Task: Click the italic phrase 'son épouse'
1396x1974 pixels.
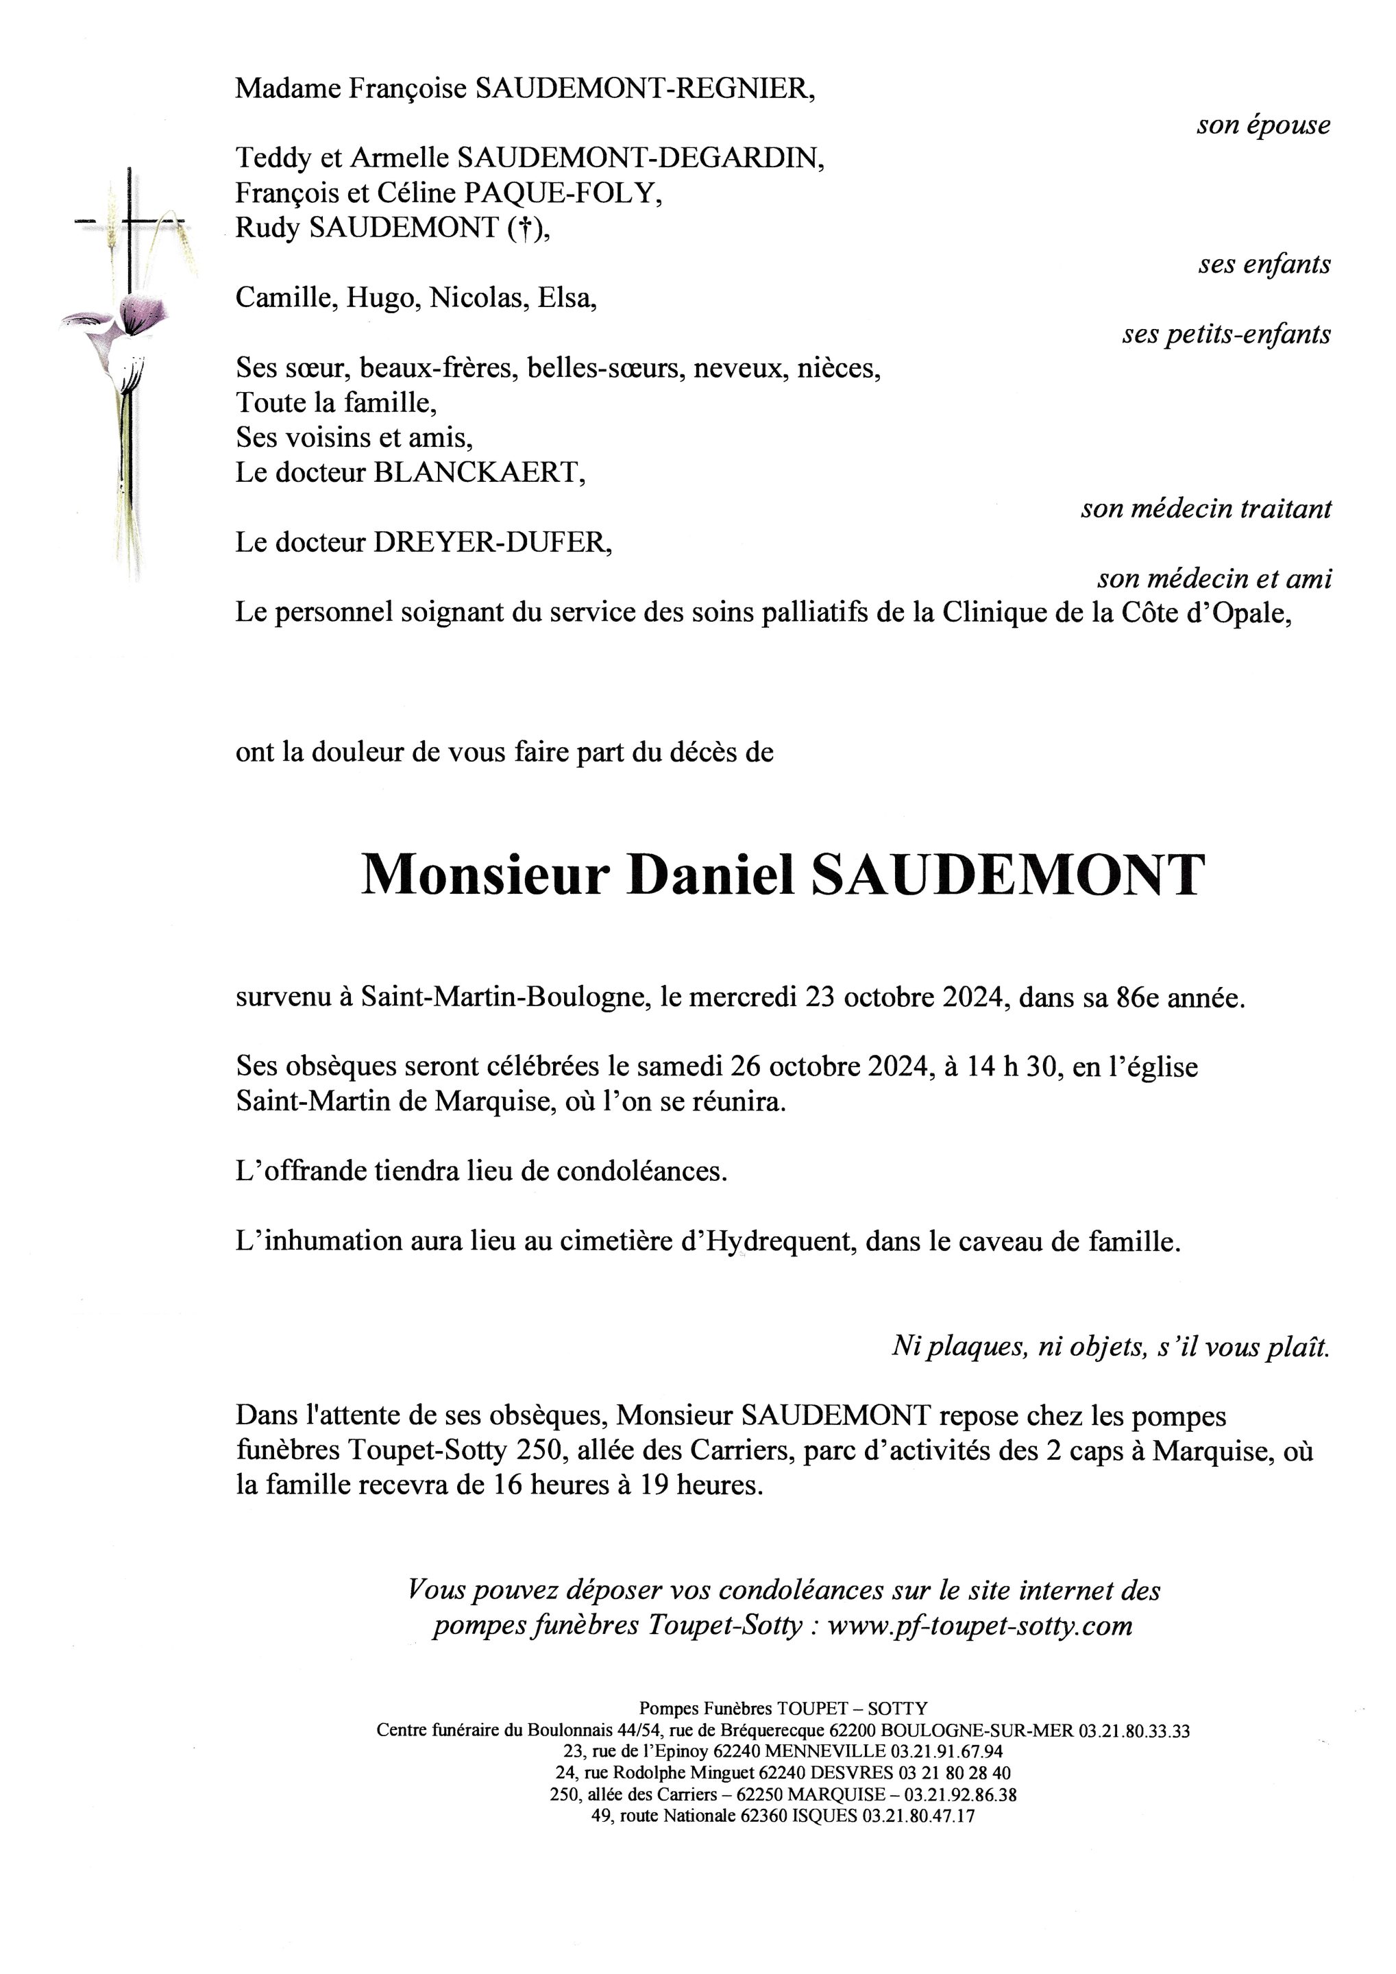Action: pyautogui.click(x=1263, y=125)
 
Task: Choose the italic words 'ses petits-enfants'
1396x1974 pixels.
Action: pyautogui.click(x=1226, y=334)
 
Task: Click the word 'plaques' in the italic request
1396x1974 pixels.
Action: pyautogui.click(x=977, y=1345)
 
